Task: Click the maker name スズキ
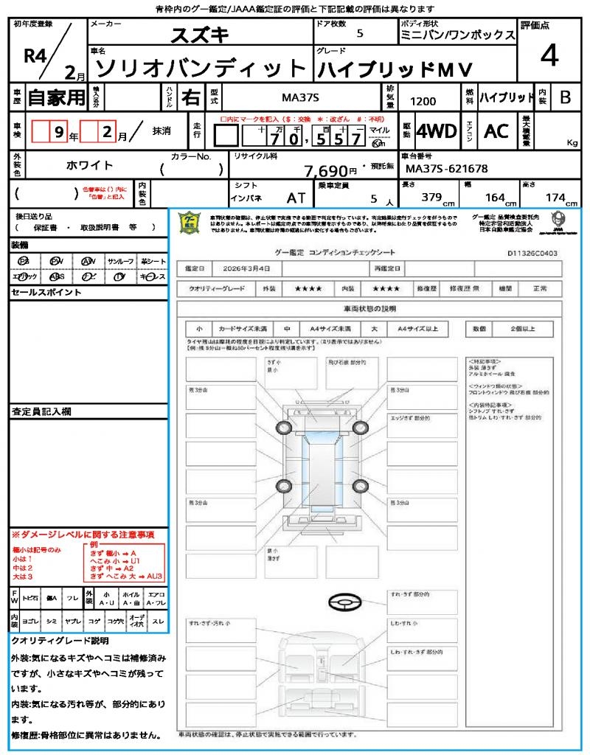200,35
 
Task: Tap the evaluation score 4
548,55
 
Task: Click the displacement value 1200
423,102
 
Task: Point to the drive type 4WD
437,131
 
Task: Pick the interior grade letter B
565,97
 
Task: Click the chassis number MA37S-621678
446,169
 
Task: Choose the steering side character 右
190,97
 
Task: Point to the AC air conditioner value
496,131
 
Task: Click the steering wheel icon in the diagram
344,602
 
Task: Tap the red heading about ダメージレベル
83,534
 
